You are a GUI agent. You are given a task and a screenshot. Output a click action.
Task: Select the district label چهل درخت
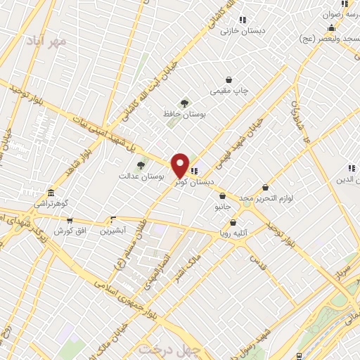point(169,349)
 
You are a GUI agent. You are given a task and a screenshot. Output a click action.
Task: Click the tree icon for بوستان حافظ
point(185,103)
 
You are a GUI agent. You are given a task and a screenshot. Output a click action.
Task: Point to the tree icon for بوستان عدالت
point(141,165)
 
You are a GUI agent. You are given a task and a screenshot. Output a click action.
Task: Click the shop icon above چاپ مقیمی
point(229,80)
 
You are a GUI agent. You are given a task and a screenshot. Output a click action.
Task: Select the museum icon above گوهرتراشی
point(50,193)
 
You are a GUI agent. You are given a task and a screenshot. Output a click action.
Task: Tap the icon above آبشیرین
point(112,219)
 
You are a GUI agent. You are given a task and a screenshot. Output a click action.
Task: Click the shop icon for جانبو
point(223,196)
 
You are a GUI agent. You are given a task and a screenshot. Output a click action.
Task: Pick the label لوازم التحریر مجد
point(264,199)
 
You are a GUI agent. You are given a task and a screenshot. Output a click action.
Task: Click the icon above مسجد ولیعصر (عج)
point(331,28)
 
